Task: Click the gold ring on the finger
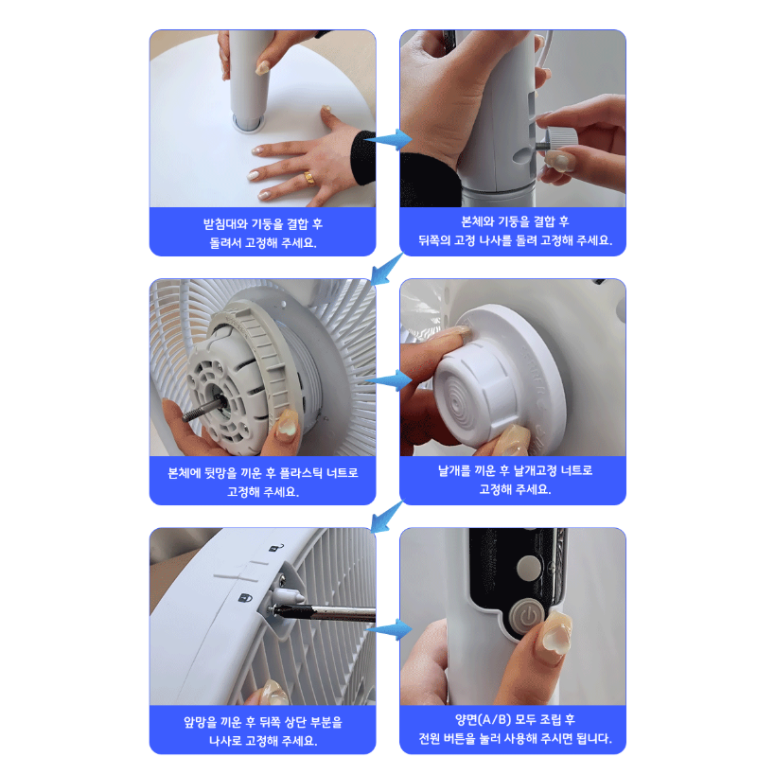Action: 309,178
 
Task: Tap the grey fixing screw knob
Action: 560,140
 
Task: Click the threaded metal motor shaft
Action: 201,409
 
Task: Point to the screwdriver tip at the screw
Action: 276,610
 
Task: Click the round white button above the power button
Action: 529,567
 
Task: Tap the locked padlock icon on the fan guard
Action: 246,599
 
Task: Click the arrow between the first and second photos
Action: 388,139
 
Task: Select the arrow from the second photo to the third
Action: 386,269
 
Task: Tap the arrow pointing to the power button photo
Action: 389,629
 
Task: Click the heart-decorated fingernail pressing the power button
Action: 557,632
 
